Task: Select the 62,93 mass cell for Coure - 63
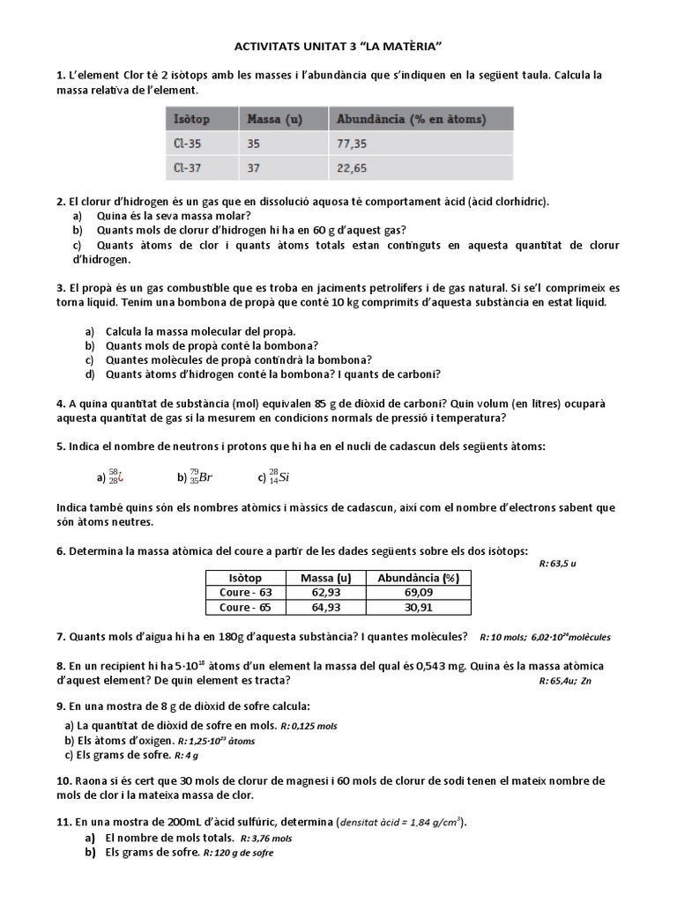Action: [325, 593]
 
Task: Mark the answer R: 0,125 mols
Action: [309, 726]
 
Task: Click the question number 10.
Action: [63, 781]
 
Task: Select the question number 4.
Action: [60, 403]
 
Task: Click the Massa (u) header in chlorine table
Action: [275, 119]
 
